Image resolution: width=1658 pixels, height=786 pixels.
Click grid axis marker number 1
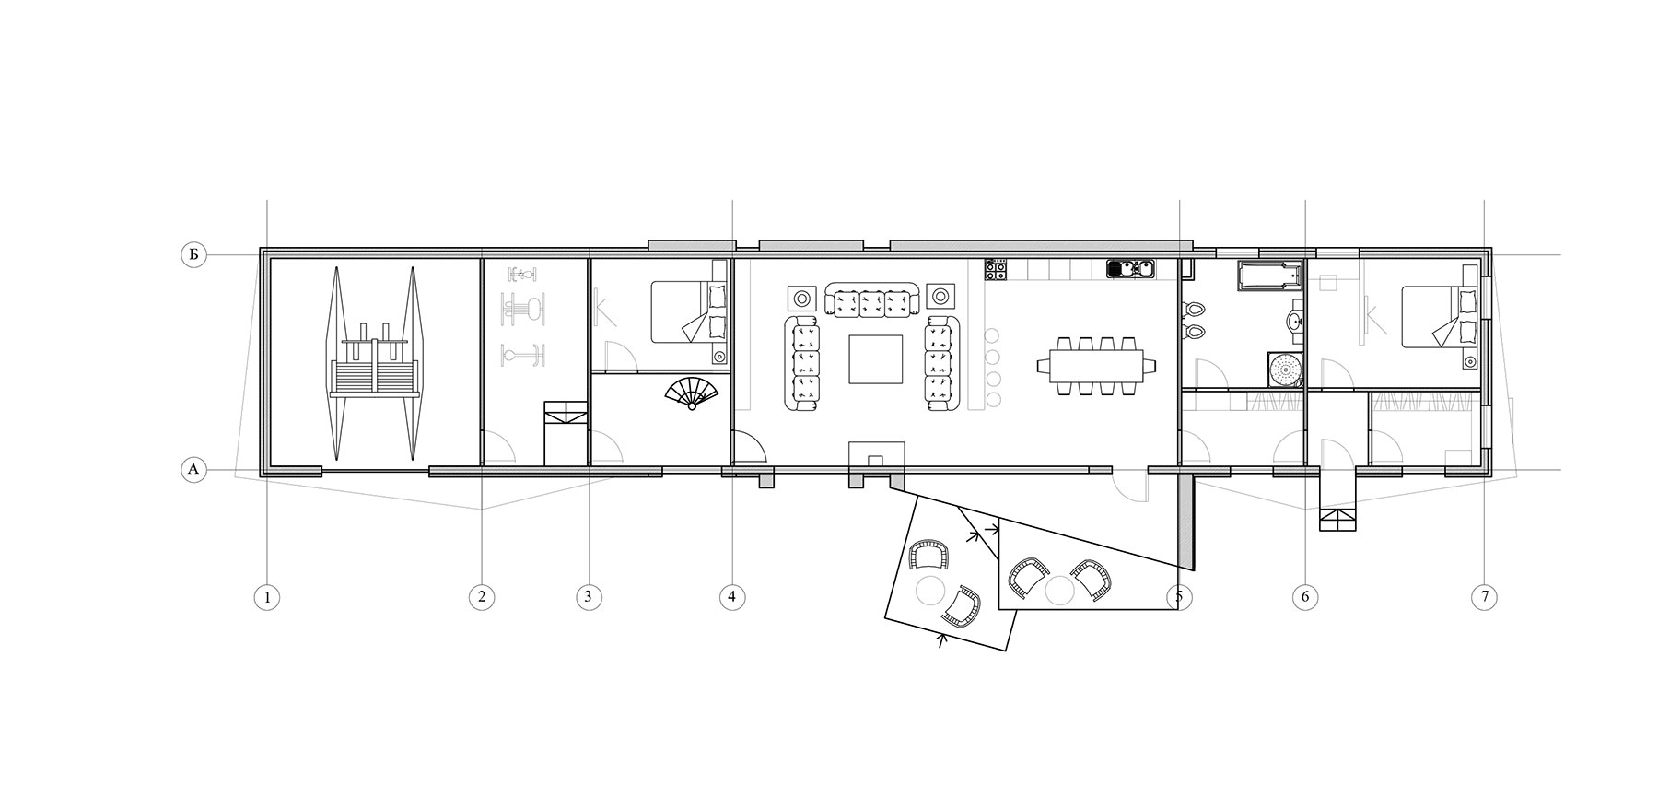tap(267, 597)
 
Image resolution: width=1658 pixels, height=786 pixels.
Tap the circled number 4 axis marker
tap(731, 597)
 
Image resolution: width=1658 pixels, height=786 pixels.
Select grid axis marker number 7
tap(1484, 597)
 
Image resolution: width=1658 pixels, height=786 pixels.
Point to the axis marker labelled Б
tap(193, 255)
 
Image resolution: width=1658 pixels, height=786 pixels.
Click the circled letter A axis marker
tap(193, 470)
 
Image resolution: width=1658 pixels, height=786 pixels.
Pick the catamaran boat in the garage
tap(374, 364)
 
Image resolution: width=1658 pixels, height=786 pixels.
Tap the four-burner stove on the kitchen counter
tap(994, 269)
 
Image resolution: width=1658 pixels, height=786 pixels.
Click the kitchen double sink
tap(1131, 269)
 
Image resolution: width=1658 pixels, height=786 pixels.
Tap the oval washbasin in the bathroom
tap(1295, 322)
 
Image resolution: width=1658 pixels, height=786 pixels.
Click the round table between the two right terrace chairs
tap(1060, 589)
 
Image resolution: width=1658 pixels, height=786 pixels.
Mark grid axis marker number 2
tap(481, 597)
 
